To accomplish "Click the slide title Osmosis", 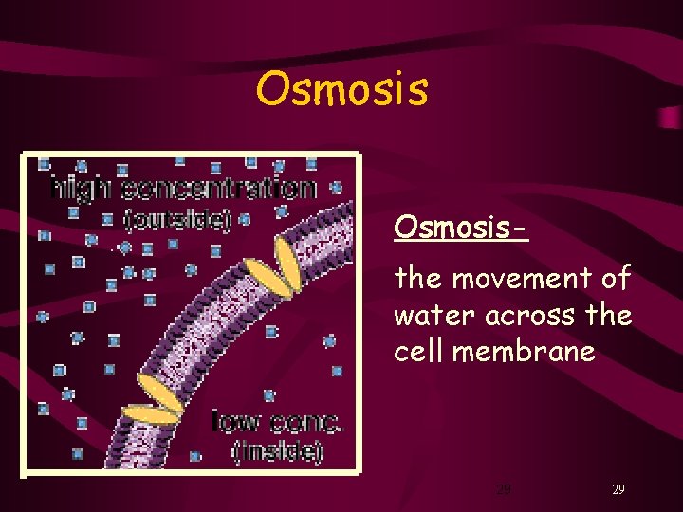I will tap(341, 89).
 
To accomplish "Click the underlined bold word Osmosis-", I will tap(461, 228).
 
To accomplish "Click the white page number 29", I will tap(618, 490).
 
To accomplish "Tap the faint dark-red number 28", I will tap(504, 490).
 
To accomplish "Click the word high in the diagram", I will tap(79, 190).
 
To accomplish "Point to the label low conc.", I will tap(276, 421).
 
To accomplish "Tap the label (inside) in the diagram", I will tap(278, 450).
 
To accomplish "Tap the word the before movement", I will tap(417, 279).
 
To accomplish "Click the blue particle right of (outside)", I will tap(245, 220).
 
